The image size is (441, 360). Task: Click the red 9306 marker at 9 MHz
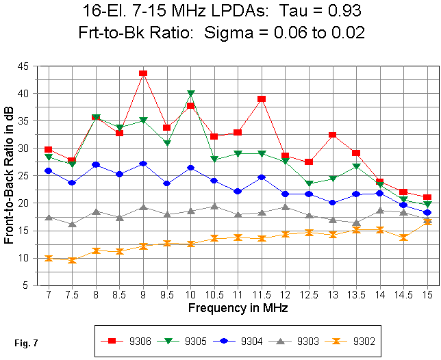(x=143, y=73)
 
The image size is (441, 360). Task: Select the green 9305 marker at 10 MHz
(x=190, y=94)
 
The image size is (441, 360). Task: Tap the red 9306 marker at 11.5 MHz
(x=262, y=99)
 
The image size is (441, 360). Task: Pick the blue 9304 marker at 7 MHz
(x=48, y=170)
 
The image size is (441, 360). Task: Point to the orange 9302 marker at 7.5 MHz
(x=72, y=260)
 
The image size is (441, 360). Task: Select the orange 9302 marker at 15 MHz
(x=427, y=221)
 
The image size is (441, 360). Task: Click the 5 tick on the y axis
(x=27, y=285)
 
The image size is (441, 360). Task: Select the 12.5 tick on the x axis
(x=309, y=294)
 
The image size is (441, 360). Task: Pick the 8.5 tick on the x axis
(x=119, y=294)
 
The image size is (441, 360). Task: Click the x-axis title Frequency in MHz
(x=237, y=307)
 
